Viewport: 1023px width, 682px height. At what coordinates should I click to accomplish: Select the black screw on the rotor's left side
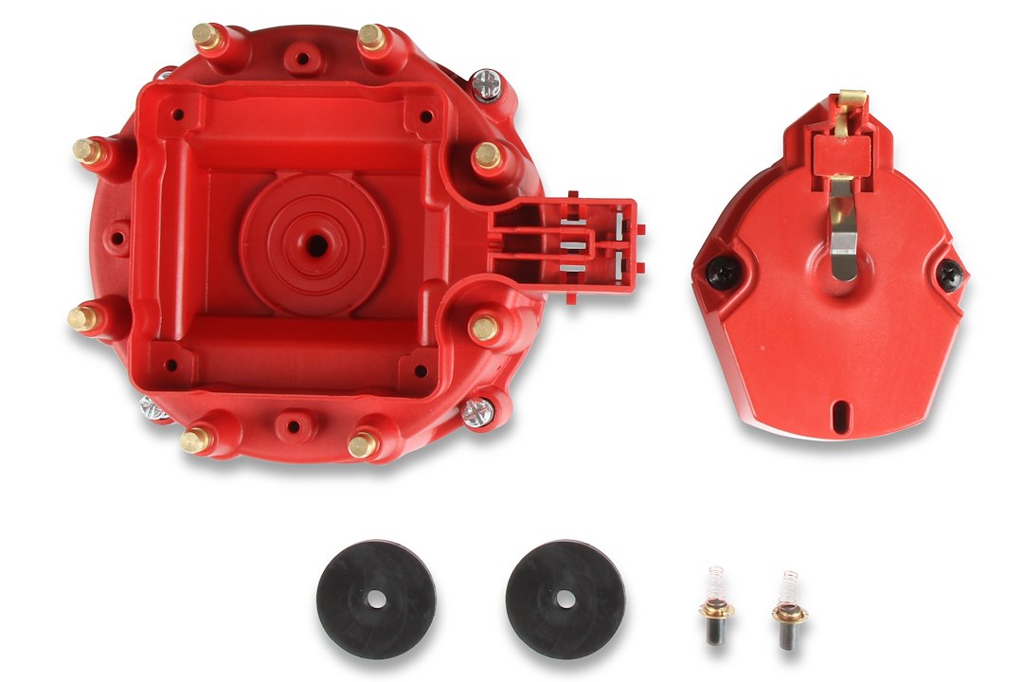tap(720, 272)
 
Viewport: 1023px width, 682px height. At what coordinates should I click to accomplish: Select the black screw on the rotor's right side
tap(950, 276)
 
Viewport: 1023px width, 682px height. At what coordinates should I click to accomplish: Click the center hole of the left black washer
tap(376, 599)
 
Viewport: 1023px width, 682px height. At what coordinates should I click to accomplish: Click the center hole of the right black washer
tap(565, 599)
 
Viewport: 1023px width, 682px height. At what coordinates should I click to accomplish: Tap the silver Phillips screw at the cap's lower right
tap(478, 411)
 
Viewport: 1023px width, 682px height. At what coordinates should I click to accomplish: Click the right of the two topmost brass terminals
tap(370, 36)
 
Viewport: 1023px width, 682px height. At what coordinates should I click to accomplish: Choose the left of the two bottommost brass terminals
tap(195, 440)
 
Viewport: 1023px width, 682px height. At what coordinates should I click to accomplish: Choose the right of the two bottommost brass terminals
tap(361, 443)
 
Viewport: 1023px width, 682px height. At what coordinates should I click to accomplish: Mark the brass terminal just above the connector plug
tap(488, 154)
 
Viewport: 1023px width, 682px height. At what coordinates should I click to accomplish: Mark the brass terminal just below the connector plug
tap(484, 328)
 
